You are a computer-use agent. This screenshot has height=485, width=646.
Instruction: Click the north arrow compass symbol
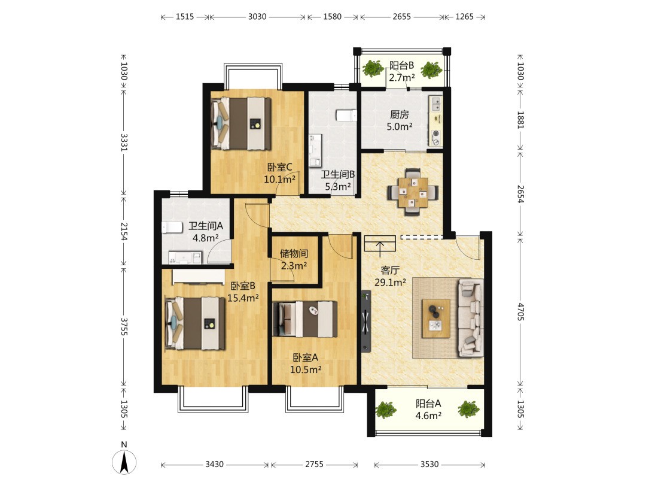tap(124, 462)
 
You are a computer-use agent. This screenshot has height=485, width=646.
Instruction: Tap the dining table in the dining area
tap(412, 192)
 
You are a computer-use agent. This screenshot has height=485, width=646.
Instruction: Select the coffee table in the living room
tap(436, 319)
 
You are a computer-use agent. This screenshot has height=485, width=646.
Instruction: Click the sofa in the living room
tap(471, 317)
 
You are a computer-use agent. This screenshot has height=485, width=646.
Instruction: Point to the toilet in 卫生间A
tap(172, 228)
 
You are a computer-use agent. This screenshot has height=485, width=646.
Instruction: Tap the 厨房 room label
tap(399, 114)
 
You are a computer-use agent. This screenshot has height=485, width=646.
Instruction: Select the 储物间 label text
tap(294, 253)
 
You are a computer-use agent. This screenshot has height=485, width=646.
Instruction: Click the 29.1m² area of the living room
tap(390, 283)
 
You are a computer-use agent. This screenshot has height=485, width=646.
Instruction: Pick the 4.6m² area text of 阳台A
tap(428, 416)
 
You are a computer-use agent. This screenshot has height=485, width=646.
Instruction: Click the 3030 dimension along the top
tap(257, 17)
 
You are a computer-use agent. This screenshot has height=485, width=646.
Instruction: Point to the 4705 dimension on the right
tap(520, 312)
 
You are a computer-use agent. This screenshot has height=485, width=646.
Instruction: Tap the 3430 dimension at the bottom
tap(214, 465)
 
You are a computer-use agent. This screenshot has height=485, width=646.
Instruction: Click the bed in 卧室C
tap(240, 123)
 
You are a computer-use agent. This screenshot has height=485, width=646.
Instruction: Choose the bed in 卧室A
tap(305, 319)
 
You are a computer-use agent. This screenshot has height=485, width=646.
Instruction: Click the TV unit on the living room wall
tap(366, 322)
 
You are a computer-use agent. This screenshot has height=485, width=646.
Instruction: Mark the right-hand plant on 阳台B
tap(431, 69)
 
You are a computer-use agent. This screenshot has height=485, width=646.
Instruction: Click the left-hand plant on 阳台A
tap(386, 410)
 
